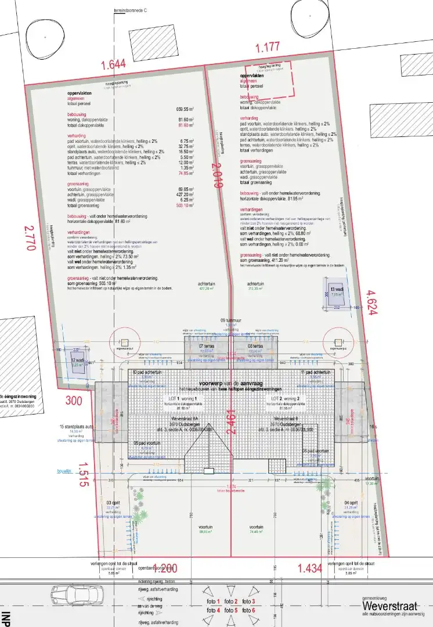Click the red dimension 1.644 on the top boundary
click(x=113, y=64)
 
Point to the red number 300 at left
click(x=74, y=401)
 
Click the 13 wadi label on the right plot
click(x=337, y=290)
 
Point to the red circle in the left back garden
click(x=122, y=338)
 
